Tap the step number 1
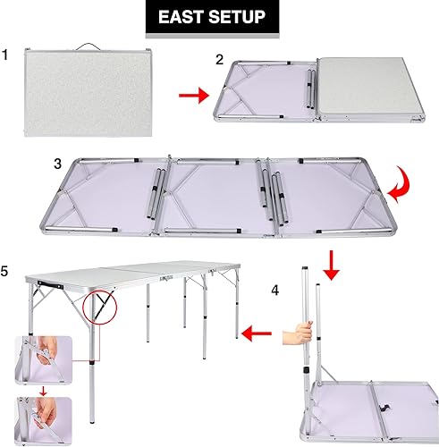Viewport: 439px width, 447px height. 7,55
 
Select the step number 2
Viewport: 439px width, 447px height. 220,60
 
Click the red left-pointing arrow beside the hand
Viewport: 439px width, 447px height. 257,333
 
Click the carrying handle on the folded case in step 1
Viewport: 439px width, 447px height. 86,45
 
